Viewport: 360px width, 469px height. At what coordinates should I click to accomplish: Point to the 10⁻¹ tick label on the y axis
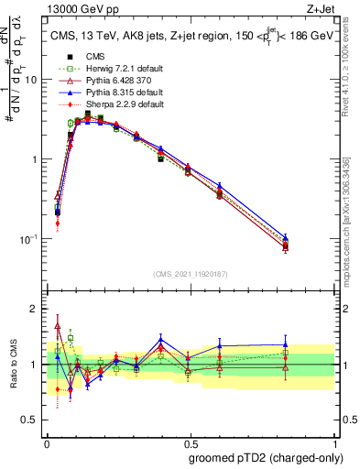[29, 239]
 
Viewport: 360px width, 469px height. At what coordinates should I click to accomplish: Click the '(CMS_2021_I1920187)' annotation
[190, 274]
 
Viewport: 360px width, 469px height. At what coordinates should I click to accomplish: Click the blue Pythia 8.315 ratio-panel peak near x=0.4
[161, 339]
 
